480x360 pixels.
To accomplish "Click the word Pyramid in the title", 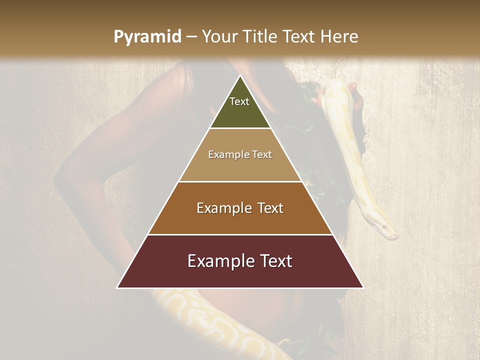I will click(147, 37).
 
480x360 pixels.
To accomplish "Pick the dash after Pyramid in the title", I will click(191, 37).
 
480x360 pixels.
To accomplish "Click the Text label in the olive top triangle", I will click(239, 101).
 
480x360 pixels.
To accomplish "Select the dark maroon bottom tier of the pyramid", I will click(240, 275).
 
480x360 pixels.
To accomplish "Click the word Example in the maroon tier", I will click(220, 261).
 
